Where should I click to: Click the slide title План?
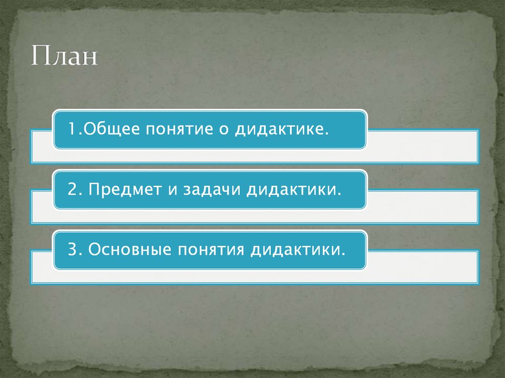65,56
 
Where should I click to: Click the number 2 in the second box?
72,190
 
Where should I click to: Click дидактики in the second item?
294,190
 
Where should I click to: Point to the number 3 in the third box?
72,249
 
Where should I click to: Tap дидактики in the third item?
296,249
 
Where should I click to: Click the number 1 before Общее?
72,130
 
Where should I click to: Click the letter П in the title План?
41,56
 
